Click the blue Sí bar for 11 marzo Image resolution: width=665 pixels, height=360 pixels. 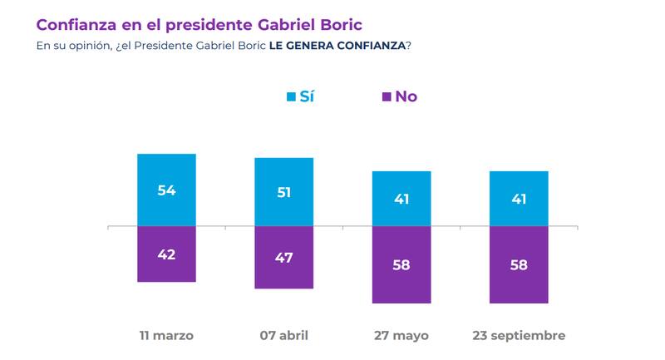166,190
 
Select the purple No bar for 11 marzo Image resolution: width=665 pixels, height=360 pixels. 166,254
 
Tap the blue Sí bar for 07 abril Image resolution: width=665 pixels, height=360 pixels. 283,191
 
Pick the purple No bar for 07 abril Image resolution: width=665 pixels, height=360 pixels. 283,257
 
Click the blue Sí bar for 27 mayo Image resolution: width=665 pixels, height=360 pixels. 401,199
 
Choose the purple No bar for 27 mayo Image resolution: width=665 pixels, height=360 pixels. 401,264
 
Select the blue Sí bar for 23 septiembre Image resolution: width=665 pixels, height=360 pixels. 519,199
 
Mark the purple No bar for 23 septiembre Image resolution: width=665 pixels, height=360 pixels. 519,264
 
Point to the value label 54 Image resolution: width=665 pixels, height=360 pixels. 167,190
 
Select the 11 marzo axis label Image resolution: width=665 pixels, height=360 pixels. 166,336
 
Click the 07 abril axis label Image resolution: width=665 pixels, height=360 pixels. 283,336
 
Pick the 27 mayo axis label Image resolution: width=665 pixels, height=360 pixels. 401,336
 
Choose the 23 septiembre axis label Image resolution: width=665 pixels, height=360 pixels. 519,336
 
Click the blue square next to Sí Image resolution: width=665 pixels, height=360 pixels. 291,97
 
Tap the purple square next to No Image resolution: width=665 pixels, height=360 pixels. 387,97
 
